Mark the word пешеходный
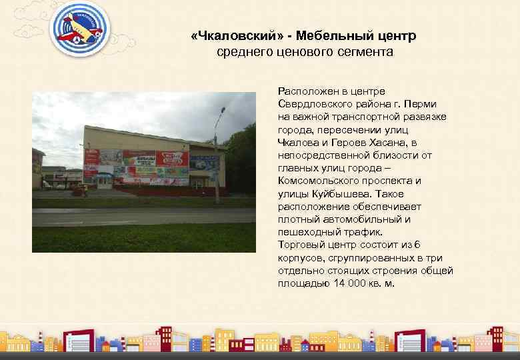pos(307,233)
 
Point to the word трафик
pos(364,233)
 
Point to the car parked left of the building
pos(79,191)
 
